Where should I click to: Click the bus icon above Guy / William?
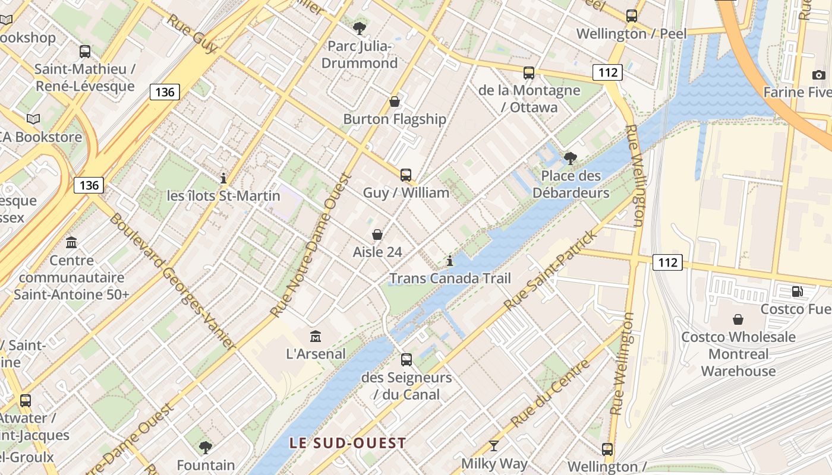406,175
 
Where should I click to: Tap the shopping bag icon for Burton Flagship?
394,102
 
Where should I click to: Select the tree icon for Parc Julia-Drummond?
359,28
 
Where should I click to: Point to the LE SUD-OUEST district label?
348,443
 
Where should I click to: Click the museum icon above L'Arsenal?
316,336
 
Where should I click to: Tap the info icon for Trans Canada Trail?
450,261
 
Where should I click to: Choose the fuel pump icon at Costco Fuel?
797,291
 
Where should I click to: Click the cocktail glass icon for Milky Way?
494,445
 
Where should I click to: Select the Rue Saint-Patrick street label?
551,270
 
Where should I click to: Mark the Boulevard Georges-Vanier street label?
173,281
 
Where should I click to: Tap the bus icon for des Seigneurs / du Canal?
406,359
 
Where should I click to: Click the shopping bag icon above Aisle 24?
377,235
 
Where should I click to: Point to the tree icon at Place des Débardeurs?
571,158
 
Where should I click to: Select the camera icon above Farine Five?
818,75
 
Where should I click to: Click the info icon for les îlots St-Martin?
223,178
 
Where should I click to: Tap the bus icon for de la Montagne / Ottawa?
528,73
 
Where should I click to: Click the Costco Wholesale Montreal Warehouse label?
738,354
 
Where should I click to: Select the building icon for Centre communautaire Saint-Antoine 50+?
71,242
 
